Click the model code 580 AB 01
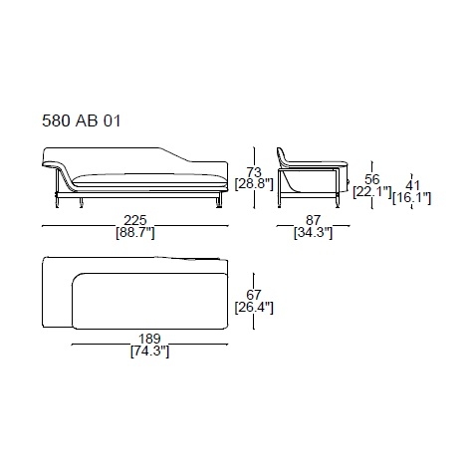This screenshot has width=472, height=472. click(x=82, y=120)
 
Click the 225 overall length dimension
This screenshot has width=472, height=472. click(x=135, y=220)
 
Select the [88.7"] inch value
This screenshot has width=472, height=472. click(x=135, y=233)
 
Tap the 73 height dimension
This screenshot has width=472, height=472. click(x=254, y=172)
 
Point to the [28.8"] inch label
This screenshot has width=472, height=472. click(x=254, y=184)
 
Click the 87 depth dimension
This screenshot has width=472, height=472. click(x=313, y=220)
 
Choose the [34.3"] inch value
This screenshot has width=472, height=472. click(x=313, y=233)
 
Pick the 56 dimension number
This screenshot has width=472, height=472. click(x=371, y=179)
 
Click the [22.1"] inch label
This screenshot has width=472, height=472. click(x=372, y=192)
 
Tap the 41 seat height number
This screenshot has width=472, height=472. click(x=412, y=186)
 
